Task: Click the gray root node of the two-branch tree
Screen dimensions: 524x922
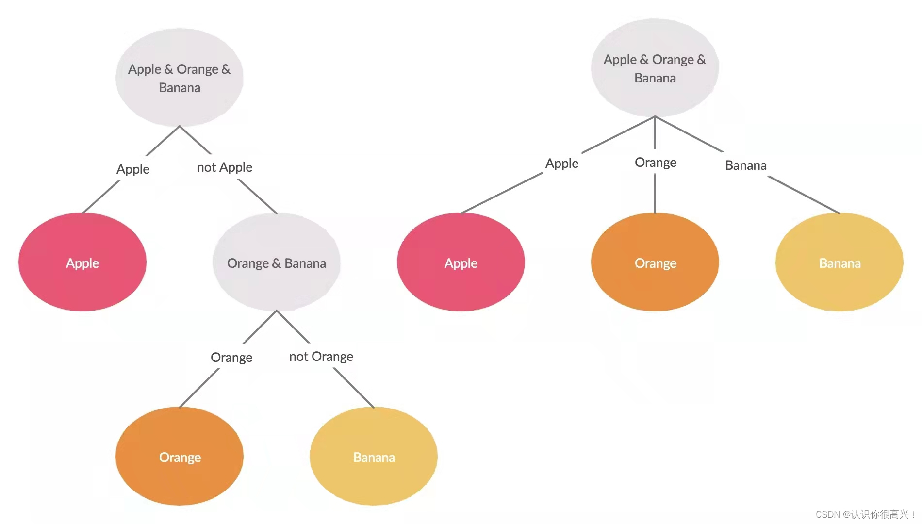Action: [180, 78]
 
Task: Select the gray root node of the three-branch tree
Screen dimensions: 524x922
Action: [655, 68]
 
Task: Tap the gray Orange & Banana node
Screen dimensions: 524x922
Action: [277, 262]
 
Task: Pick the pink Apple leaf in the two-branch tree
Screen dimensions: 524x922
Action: [82, 262]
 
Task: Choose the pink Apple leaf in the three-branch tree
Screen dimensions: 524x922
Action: [461, 262]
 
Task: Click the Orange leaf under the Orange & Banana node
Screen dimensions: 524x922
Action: [180, 457]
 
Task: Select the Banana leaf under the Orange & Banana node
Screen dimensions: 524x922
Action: [374, 457]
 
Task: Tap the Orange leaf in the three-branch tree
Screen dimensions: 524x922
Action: [655, 262]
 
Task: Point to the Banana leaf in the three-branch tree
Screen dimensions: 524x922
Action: [840, 262]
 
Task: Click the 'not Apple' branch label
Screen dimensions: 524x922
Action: [225, 167]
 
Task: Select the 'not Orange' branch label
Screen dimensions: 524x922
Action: [321, 357]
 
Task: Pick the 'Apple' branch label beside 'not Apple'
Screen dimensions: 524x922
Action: [133, 169]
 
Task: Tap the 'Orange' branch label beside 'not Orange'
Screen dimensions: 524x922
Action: [231, 358]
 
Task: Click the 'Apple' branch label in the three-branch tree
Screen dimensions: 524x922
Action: [562, 164]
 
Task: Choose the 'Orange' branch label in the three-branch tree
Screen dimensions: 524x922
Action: [656, 163]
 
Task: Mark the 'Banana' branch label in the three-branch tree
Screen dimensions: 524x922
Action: [746, 165]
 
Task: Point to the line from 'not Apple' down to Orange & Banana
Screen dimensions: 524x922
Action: [258, 196]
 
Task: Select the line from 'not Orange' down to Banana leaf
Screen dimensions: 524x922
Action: [354, 388]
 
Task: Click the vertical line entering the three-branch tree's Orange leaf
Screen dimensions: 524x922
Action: [655, 193]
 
